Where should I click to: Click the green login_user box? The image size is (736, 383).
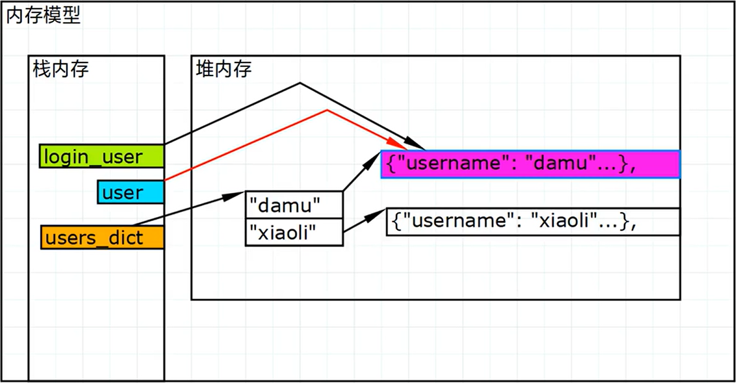coord(102,157)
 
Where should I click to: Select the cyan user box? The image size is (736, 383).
coord(131,192)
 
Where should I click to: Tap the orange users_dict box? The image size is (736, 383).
coord(102,238)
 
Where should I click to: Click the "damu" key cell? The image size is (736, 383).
coord(294,204)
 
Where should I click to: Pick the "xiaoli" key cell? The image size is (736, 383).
coord(294,232)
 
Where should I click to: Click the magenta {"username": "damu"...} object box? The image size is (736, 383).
coord(530,164)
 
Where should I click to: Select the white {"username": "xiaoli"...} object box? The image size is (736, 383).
coord(533,222)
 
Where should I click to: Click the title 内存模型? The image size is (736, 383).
coord(43,16)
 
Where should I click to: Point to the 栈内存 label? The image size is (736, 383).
coord(61,69)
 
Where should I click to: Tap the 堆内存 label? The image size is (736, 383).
coord(224,69)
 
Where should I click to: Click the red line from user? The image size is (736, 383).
coord(248,144)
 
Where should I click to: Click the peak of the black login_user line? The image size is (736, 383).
coord(300,83)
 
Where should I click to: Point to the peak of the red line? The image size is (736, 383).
coord(327,111)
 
